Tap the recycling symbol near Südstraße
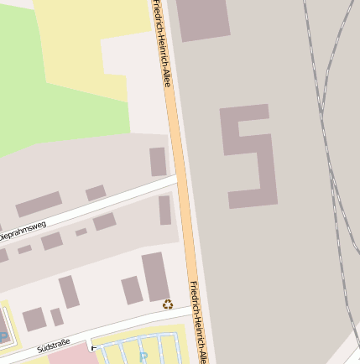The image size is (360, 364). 168,304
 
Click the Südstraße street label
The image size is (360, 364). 54,346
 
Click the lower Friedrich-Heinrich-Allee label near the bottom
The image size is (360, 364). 198,322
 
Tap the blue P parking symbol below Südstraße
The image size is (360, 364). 143,356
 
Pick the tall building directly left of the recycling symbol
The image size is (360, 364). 155,277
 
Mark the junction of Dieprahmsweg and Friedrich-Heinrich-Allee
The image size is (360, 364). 178,178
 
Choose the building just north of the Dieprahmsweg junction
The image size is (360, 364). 158,161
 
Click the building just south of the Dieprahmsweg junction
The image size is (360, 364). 165,210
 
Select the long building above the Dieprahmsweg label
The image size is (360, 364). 39,204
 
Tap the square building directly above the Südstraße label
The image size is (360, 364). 34,319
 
